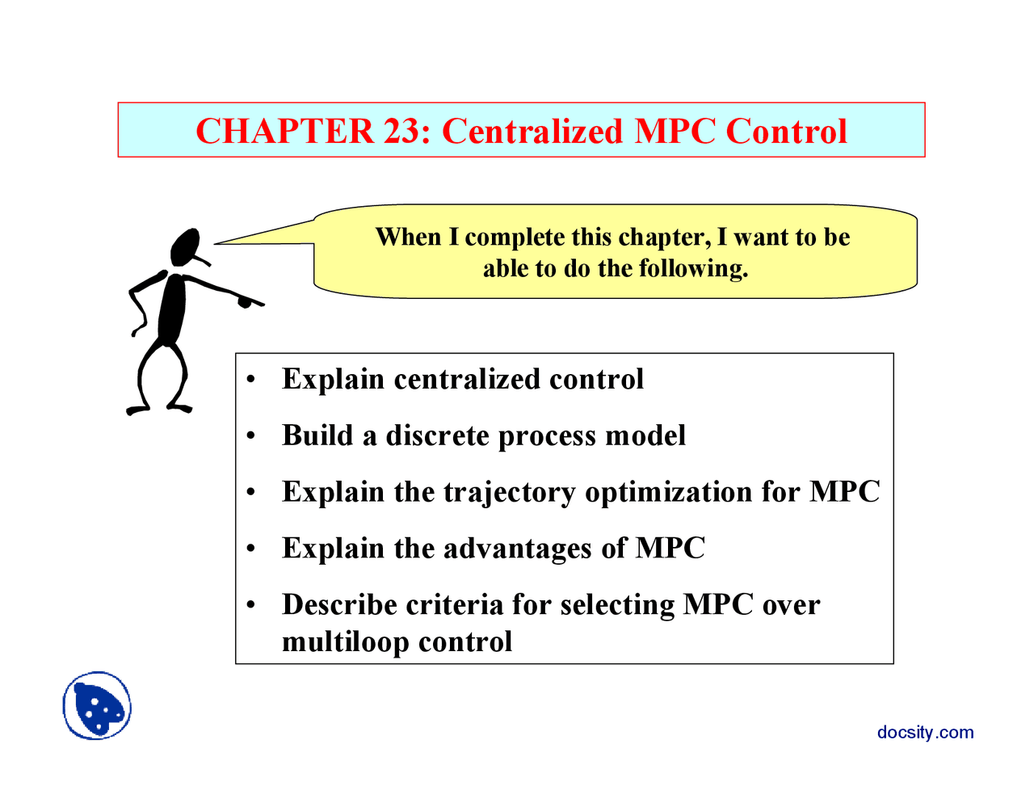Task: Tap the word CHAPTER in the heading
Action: [285, 131]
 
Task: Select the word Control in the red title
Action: [786, 131]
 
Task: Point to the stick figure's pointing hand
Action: [246, 302]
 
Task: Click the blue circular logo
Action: [97, 705]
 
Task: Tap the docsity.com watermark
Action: [925, 732]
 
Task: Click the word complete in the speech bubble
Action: [515, 238]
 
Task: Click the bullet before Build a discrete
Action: [252, 437]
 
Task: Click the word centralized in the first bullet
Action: [466, 379]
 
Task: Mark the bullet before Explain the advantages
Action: [252, 549]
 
